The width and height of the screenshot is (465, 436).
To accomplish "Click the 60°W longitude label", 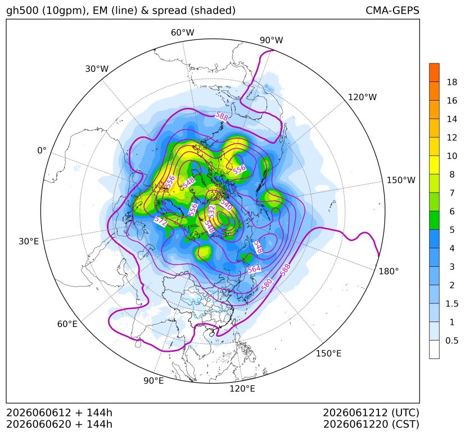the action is coord(182,33).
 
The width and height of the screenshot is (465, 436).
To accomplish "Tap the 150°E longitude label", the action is coord(328,353).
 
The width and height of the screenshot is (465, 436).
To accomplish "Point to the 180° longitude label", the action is coord(389,271).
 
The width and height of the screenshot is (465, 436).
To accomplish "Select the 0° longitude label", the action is coord(42,151).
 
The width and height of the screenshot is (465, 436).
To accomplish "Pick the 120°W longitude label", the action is coord(362,97).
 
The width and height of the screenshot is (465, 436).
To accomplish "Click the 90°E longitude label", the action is coord(154,380).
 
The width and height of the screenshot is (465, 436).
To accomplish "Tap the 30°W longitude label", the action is coord(97,69).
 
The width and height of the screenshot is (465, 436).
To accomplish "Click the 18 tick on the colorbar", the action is coord(452,82).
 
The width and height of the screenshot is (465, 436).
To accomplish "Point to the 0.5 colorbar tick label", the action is coord(452,340).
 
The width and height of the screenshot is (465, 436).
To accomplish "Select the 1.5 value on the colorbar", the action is coord(452,303).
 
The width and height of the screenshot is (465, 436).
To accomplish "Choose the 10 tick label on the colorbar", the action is coord(452,156).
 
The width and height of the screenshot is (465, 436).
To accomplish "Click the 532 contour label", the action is coord(212,212).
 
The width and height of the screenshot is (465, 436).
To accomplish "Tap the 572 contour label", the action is coord(161,221).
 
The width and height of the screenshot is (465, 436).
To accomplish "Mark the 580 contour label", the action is coord(267,284).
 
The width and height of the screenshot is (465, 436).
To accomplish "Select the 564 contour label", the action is coord(254,269).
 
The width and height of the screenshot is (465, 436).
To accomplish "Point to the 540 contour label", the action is coord(226,205).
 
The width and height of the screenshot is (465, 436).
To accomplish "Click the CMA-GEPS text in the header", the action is coord(392,10).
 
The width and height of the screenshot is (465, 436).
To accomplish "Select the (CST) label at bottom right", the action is coord(405,424).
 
